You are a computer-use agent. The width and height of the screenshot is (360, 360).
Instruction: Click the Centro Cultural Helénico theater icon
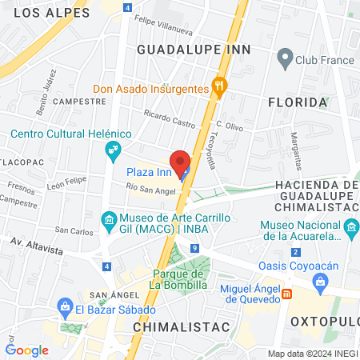pos(113,148)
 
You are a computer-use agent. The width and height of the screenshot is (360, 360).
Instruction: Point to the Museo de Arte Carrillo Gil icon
pos(108,219)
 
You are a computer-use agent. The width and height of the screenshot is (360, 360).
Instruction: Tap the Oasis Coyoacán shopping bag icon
pos(320,281)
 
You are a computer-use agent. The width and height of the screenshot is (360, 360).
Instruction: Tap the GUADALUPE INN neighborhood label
pos(194,49)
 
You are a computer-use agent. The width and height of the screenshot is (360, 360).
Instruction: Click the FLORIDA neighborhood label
pos(298,102)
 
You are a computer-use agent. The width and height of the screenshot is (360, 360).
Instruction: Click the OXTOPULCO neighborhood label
pos(325,321)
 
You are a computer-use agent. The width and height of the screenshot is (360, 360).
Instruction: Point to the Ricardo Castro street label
pos(170,121)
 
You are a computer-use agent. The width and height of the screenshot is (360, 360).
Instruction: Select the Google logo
pos(27,350)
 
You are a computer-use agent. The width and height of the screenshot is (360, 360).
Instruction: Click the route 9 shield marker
pos(195,249)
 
